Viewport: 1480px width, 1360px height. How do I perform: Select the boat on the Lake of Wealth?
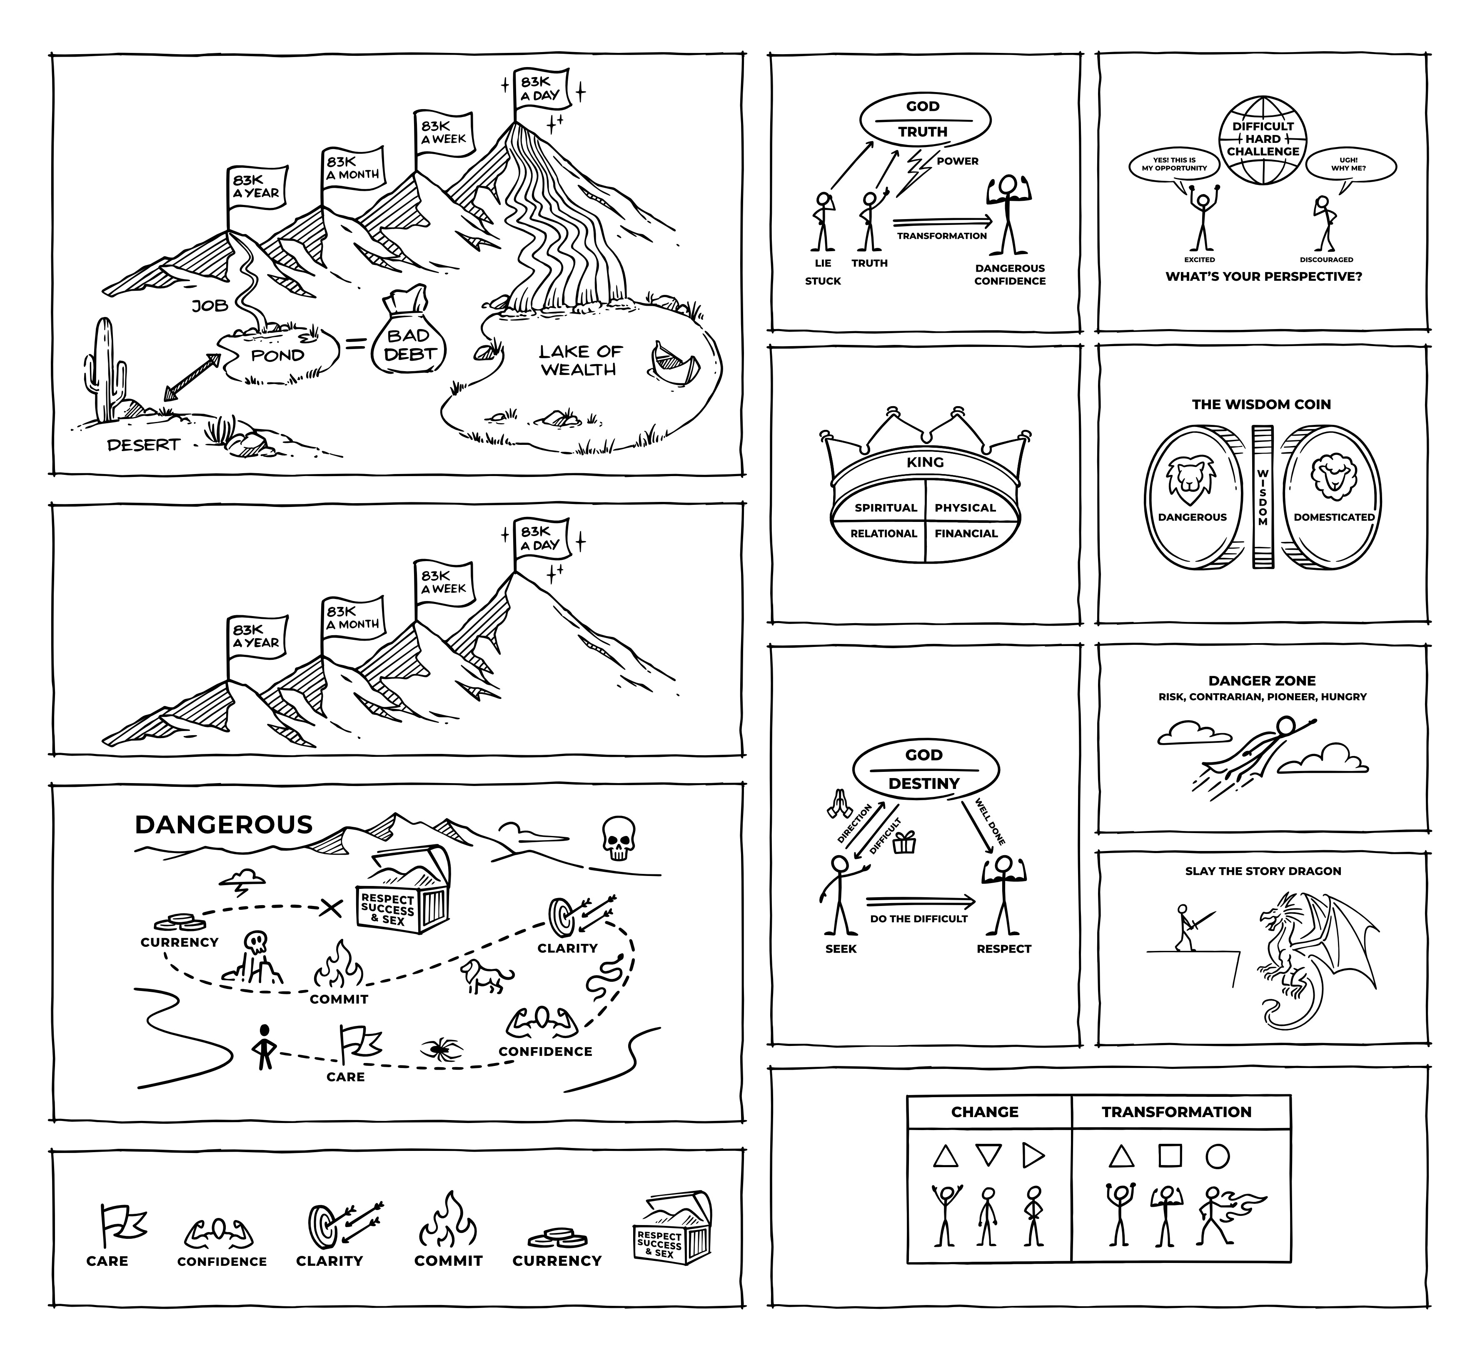tap(674, 363)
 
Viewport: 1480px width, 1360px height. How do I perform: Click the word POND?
tap(277, 355)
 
